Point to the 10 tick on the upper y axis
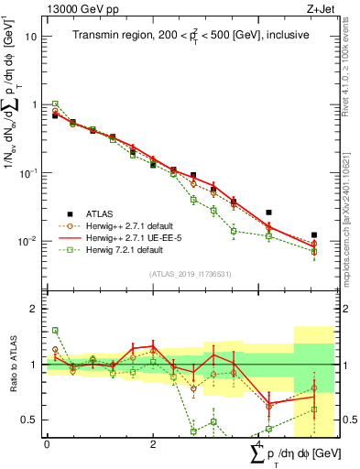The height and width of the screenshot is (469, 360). (x=31, y=37)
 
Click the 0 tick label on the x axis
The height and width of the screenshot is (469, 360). (x=47, y=443)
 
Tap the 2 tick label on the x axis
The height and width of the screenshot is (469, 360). (x=153, y=443)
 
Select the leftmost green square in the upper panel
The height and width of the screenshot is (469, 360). (x=55, y=104)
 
